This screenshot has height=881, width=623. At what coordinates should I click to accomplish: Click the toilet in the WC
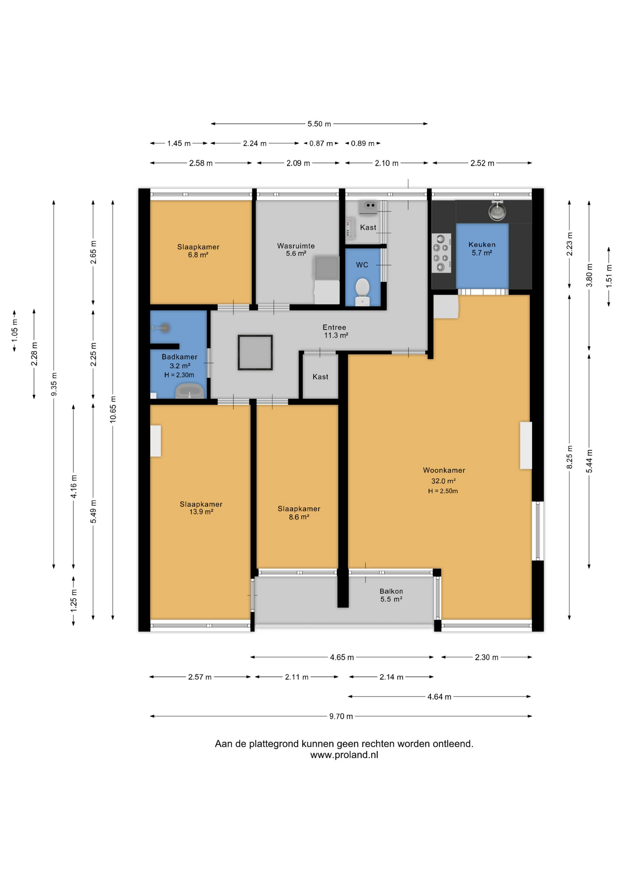(362, 291)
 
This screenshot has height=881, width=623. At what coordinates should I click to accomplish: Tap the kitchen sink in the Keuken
(497, 211)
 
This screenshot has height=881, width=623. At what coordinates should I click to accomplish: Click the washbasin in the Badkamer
(189, 391)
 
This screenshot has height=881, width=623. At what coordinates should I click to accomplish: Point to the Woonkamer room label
(444, 470)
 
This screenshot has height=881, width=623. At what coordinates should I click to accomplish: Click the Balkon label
(391, 591)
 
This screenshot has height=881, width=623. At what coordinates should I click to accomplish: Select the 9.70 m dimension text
(341, 716)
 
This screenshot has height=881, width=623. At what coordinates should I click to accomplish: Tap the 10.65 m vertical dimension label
(113, 409)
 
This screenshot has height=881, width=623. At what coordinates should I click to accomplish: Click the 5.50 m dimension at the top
(319, 124)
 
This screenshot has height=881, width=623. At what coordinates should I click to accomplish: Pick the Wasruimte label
(296, 246)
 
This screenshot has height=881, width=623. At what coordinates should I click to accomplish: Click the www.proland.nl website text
(344, 755)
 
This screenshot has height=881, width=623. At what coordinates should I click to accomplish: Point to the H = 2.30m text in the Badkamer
(179, 375)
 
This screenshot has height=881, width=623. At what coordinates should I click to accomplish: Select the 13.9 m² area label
(201, 512)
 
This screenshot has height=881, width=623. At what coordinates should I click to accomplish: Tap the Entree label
(334, 327)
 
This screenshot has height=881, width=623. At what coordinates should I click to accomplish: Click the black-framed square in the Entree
(255, 352)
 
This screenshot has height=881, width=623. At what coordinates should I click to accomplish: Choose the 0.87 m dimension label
(321, 144)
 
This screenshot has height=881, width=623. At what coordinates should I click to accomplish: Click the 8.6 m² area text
(299, 517)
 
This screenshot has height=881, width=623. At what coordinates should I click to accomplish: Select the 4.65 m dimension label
(342, 658)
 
